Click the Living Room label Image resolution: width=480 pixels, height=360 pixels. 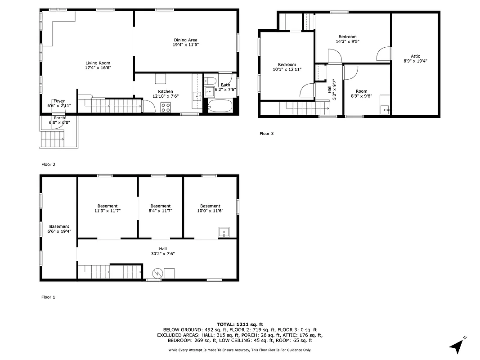click(98, 63)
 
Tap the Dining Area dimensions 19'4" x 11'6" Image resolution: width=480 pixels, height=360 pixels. click(186, 45)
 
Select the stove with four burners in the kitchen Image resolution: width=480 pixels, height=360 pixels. click(166, 107)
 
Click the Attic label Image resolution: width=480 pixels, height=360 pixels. click(415, 56)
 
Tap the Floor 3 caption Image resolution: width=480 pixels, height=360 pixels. click(266, 133)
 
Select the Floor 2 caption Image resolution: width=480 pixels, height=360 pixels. click(48, 164)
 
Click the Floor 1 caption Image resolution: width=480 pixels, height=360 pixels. click(48, 297)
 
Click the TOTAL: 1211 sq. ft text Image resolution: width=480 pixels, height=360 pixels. click(240, 324)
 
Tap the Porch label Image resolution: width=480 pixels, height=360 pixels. click(59, 118)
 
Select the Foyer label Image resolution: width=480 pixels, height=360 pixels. click(59, 101)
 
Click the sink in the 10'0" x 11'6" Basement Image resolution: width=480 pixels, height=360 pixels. click(224, 233)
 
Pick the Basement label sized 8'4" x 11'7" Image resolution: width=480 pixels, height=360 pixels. click(161, 206)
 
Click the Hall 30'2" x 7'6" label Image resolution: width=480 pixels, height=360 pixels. click(162, 248)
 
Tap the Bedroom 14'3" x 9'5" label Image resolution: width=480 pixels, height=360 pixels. click(347, 37)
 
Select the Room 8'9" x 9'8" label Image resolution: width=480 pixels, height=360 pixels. click(361, 91)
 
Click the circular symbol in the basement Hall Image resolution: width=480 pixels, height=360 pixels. click(157, 273)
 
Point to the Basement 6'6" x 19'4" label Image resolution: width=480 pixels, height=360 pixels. click(59, 226)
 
